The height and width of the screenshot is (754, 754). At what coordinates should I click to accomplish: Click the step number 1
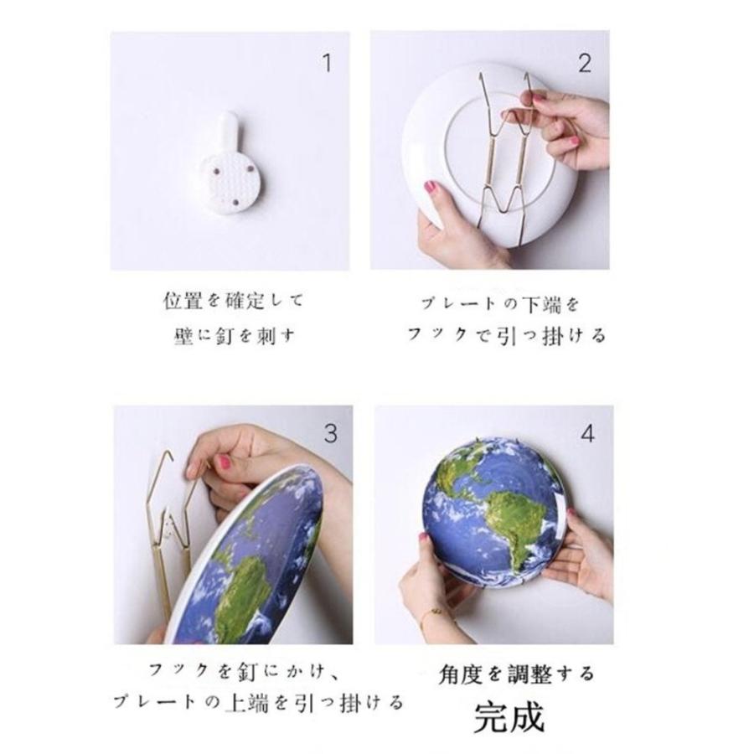click(328, 63)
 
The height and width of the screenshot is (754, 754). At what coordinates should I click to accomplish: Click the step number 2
click(585, 63)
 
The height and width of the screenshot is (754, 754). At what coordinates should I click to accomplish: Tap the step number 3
click(331, 433)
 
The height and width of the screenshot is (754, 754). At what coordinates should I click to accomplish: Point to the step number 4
click(588, 433)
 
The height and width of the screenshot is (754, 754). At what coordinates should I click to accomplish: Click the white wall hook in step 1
click(230, 165)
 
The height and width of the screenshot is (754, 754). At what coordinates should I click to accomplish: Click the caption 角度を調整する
click(517, 674)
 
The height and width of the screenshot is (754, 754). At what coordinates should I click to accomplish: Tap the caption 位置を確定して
click(233, 301)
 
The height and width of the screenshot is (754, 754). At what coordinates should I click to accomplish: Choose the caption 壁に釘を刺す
click(235, 336)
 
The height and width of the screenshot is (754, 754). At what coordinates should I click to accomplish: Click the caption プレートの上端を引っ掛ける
click(258, 702)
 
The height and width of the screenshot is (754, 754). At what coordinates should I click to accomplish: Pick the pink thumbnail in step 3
click(223, 462)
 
